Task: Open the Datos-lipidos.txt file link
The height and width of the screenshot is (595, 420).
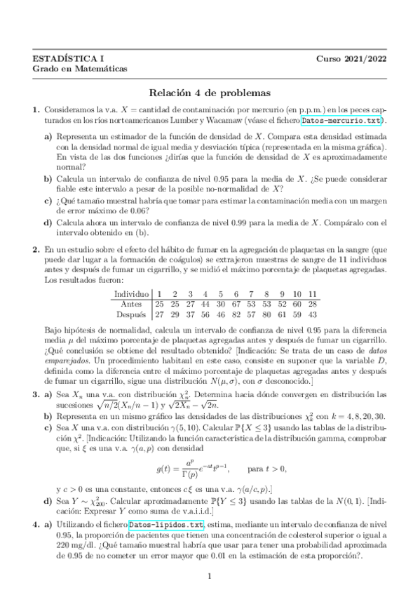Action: (x=166, y=524)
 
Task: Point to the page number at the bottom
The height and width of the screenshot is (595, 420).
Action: (x=210, y=577)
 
